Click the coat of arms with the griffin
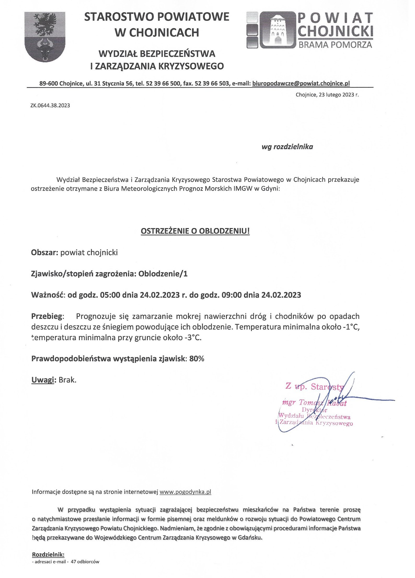[45, 36]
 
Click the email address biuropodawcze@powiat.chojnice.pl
[301, 83]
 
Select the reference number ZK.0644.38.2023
[50, 106]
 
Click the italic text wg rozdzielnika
[287, 147]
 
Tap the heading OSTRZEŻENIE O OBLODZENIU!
[195, 231]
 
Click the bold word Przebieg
[47, 316]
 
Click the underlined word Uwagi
[42, 380]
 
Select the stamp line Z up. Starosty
[315, 387]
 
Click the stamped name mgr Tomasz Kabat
[314, 403]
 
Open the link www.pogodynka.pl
[185, 492]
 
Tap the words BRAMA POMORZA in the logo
[335, 45]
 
